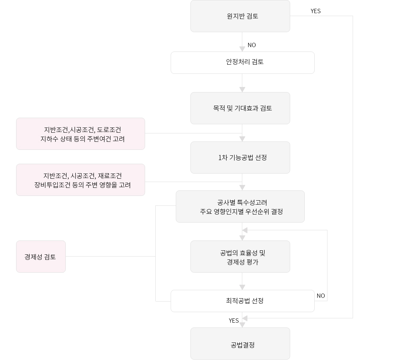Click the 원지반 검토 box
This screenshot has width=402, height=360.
(x=240, y=16)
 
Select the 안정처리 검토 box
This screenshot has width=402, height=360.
(x=243, y=62)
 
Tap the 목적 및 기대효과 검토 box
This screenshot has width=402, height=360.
(x=240, y=108)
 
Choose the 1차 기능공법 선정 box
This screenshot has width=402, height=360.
(x=240, y=158)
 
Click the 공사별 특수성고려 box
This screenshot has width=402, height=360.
(x=240, y=206)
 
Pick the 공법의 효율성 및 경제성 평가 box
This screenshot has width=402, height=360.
(x=240, y=257)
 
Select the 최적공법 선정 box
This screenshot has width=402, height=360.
(x=243, y=301)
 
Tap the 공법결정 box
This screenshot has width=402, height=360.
(x=240, y=344)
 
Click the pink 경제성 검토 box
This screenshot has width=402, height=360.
(x=41, y=257)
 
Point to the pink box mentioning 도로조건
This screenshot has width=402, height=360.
(x=80, y=134)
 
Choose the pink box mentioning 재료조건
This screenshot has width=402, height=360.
(x=80, y=180)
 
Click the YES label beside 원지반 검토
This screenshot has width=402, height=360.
(x=316, y=11)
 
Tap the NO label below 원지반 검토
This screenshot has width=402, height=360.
(x=252, y=45)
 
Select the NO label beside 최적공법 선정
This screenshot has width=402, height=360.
(x=321, y=296)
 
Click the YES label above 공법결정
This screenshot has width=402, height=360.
(x=234, y=321)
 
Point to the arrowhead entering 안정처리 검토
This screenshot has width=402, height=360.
(x=242, y=49)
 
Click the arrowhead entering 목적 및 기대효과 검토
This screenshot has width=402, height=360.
(x=242, y=90)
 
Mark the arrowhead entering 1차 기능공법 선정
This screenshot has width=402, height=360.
(x=242, y=139)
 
